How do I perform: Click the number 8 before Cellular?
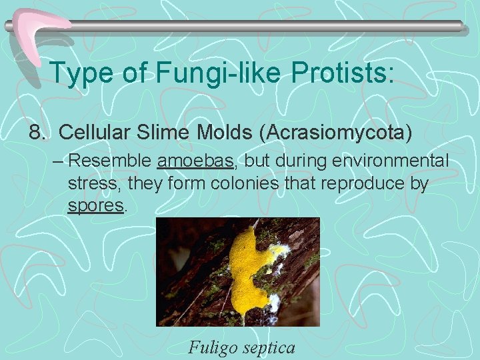[35, 132]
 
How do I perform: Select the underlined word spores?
[96, 206]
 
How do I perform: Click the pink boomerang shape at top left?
[40, 31]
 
